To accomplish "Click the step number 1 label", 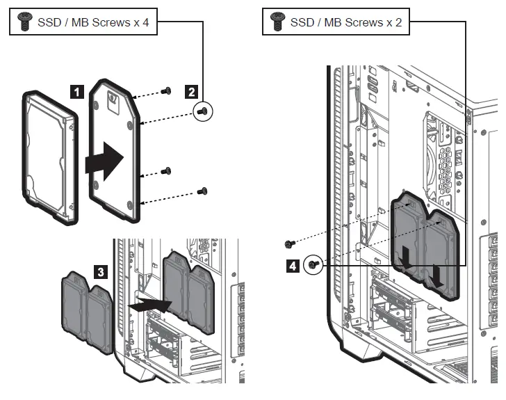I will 78,90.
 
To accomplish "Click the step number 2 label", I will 190,90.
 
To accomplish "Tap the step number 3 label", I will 101,273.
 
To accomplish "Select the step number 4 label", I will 294,265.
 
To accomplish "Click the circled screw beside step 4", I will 314,264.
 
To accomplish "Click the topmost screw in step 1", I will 166,90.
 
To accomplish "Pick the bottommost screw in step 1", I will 203,189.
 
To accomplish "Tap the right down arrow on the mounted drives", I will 436,276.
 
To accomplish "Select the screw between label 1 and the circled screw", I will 166,170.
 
